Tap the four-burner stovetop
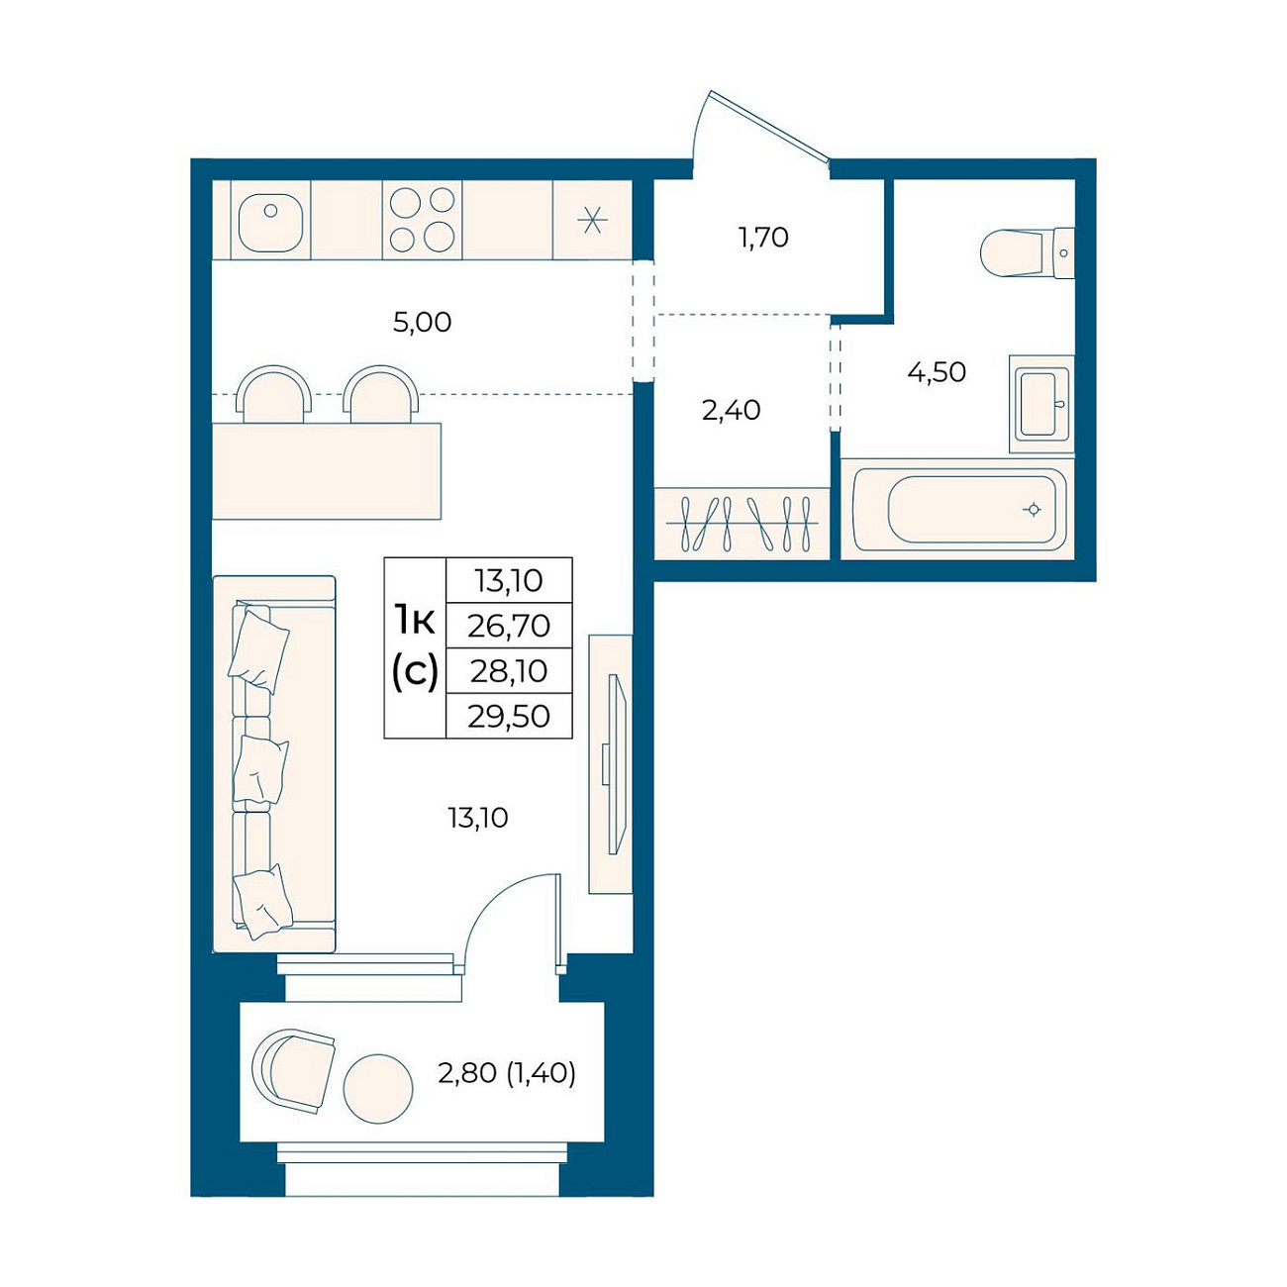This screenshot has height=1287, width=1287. click(x=422, y=220)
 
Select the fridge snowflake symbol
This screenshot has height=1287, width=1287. click(x=592, y=220)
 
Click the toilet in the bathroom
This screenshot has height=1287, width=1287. click(x=1028, y=253)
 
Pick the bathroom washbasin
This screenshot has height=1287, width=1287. click(x=1041, y=405)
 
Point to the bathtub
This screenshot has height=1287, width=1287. click(x=957, y=510)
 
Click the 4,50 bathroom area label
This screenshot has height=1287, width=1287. click(x=937, y=372)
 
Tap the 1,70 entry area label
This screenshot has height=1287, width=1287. click(x=763, y=237)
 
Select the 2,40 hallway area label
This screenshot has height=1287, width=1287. click(x=731, y=410)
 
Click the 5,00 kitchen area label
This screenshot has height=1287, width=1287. click(x=422, y=323)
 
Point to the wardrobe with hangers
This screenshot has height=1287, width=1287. click(x=742, y=524)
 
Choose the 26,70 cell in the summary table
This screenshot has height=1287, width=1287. click(x=509, y=626)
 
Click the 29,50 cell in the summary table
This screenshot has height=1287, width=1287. click(x=509, y=716)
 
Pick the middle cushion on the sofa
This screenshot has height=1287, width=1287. click(x=259, y=769)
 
